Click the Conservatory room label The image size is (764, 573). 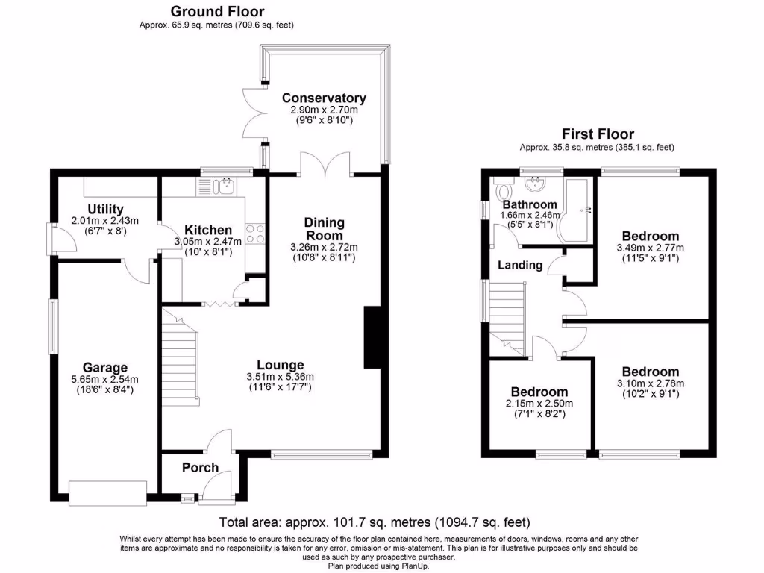point(324,98)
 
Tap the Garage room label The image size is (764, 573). point(104,367)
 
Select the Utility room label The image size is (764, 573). point(105,209)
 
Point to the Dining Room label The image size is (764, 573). point(324,229)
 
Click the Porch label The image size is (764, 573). point(201,468)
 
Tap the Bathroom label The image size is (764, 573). point(529,204)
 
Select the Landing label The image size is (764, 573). point(520,265)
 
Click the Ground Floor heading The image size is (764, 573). point(216,11)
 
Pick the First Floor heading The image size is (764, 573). point(598,134)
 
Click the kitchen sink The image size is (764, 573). point(225,185)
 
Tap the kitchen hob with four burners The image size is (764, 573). point(254,234)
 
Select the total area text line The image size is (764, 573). point(375,522)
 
